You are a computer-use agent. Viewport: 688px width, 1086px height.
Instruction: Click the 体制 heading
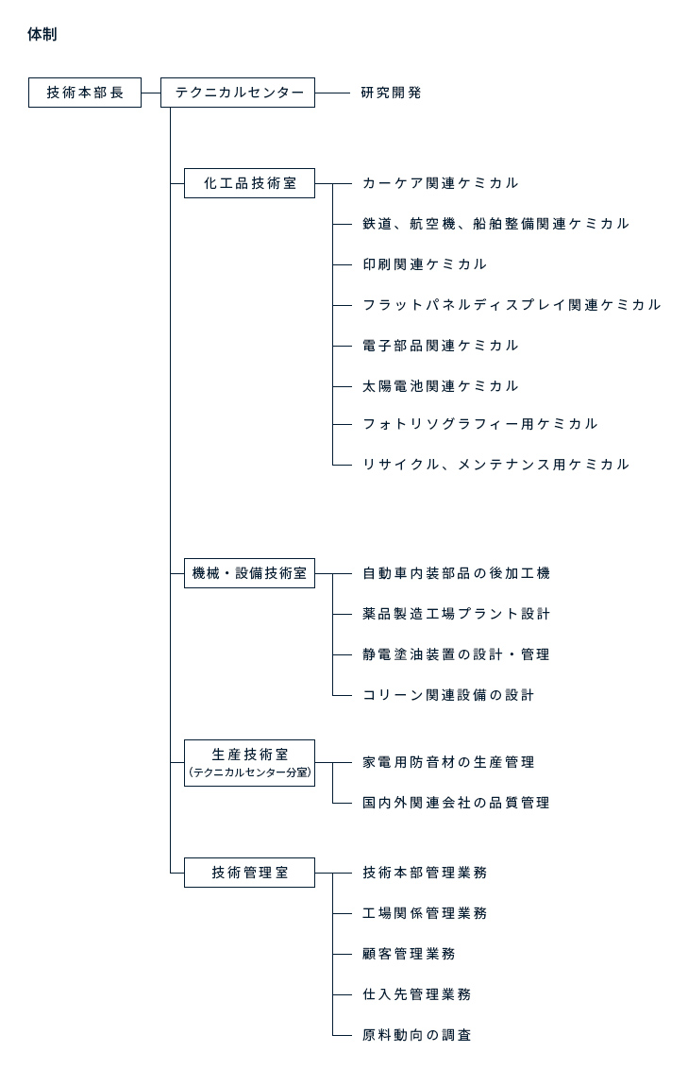click(42, 34)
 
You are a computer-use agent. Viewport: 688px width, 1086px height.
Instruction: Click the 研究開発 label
click(391, 93)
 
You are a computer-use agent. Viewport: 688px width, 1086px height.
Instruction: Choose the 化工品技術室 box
click(249, 183)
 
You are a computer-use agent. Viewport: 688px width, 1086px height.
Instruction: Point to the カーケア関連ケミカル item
click(440, 183)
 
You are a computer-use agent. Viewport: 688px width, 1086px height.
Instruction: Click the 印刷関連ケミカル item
click(425, 263)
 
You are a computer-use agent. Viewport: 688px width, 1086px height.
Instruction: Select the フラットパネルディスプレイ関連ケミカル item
click(512, 305)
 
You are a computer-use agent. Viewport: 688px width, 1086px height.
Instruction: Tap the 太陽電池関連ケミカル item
click(440, 386)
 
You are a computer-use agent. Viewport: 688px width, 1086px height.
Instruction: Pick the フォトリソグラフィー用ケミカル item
click(479, 424)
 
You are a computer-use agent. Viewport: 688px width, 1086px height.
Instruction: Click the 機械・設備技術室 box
click(249, 573)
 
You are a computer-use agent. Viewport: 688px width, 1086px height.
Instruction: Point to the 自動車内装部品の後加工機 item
click(456, 573)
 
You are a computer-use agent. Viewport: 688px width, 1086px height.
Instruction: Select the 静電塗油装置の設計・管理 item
click(456, 654)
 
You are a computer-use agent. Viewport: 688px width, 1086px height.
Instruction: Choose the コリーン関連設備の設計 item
click(448, 695)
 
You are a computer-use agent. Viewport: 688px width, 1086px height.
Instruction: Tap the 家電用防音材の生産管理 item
click(448, 762)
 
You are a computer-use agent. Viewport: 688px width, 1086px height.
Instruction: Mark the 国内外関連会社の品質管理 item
click(456, 803)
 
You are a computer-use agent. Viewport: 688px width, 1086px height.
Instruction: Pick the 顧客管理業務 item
click(409, 954)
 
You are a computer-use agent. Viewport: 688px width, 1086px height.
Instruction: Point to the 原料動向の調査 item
click(417, 1035)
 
